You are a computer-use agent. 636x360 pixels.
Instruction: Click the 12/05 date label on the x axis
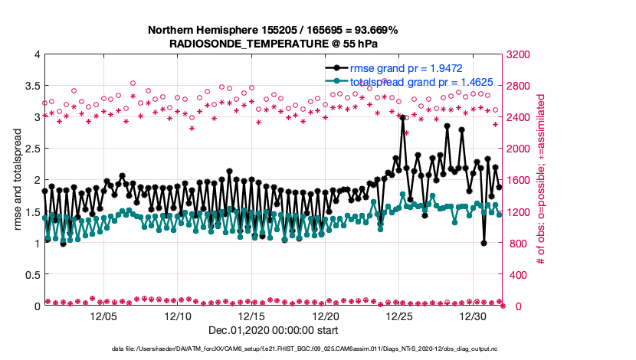tap(103, 316)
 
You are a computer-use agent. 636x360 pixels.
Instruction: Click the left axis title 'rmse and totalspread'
tap(16, 180)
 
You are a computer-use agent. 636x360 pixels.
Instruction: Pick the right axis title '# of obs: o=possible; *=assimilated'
tap(540, 180)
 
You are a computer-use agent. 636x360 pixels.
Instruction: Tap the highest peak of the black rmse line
tap(402, 117)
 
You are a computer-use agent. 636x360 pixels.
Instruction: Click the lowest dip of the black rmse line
tap(484, 243)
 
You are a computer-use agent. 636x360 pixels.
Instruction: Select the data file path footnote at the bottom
tap(317, 349)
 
